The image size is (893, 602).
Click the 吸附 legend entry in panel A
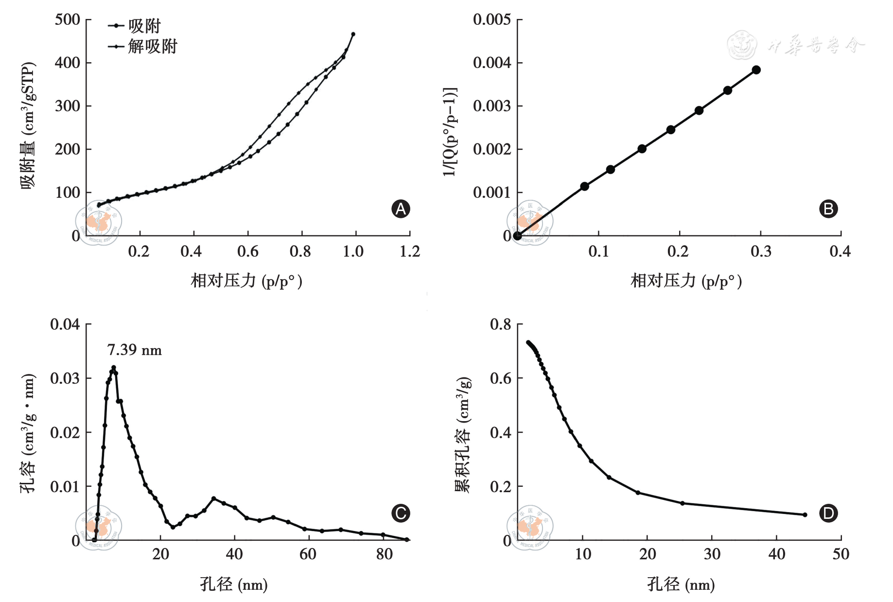point(144,26)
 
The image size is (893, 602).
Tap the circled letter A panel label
point(401,209)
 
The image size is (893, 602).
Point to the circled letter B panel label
point(828,209)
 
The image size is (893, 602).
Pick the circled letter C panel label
point(401,513)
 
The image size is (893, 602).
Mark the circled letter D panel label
point(828,513)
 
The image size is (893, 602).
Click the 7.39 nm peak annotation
point(134,350)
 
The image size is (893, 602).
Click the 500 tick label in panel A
point(67,20)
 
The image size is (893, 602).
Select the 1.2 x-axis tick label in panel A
point(410,251)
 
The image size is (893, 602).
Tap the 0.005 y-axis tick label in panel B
point(491,20)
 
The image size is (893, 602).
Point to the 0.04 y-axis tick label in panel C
point(65,324)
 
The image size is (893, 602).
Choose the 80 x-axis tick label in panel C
point(384,554)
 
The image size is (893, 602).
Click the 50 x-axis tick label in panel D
point(841,554)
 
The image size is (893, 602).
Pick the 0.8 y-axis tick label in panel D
point(500,324)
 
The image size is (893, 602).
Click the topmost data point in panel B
point(756,70)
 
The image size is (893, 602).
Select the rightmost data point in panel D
point(805,514)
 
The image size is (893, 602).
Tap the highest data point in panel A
point(353,34)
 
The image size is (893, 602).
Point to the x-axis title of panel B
point(686,281)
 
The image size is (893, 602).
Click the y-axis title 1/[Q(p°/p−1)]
point(450,131)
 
